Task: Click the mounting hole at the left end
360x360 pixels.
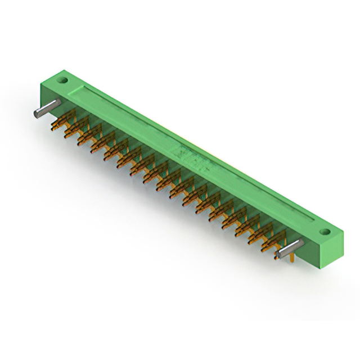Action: pyautogui.click(x=64, y=80)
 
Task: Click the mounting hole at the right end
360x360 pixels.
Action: pyautogui.click(x=324, y=231)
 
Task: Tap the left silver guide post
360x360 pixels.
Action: pyautogui.click(x=46, y=108)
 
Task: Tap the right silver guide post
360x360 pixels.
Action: pyautogui.click(x=290, y=247)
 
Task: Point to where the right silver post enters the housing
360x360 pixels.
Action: pyautogui.click(x=301, y=242)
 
